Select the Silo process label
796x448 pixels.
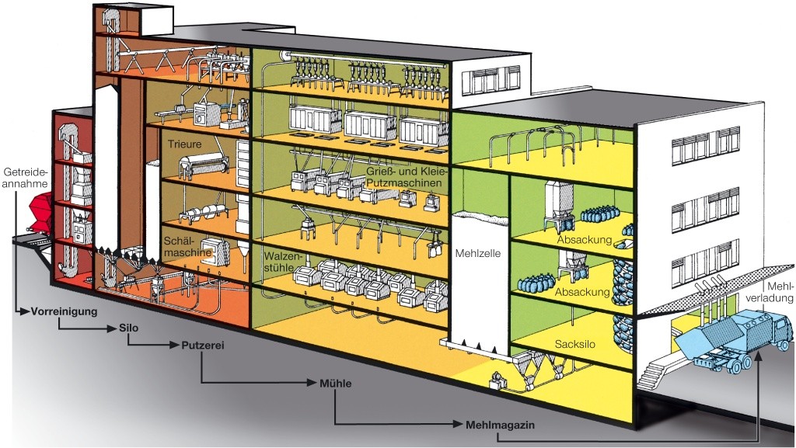(130, 328)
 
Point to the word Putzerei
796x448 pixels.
(203, 346)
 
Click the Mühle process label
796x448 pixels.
(336, 383)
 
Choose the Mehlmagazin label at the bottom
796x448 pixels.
(501, 425)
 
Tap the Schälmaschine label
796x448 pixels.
(185, 247)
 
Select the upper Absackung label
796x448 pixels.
(584, 240)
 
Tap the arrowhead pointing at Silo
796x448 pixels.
(114, 328)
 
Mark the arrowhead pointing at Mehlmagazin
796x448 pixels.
(459, 425)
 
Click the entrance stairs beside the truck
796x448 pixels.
(655, 372)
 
